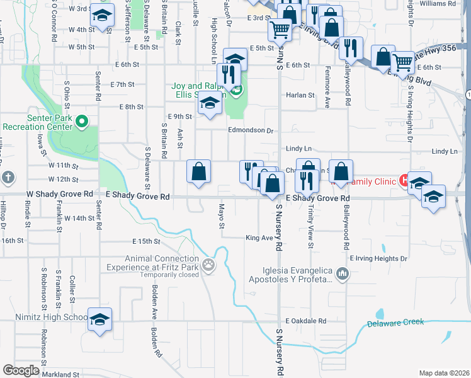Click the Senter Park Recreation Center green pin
click(x=81, y=121)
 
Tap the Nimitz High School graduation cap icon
click(x=99, y=320)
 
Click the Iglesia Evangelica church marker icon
click(x=342, y=274)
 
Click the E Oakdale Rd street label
click(x=305, y=321)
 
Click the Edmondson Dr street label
click(x=251, y=131)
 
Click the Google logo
click(x=21, y=370)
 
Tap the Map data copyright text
click(x=444, y=373)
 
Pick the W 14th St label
click(x=79, y=218)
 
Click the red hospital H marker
click(x=404, y=181)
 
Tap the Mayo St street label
click(x=222, y=216)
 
